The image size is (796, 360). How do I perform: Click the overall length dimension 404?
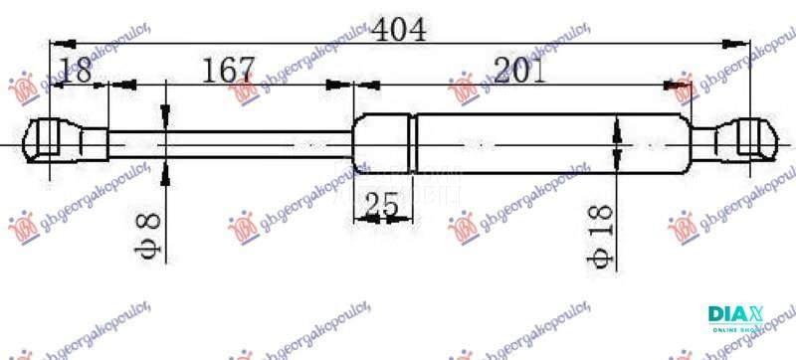(x=399, y=30)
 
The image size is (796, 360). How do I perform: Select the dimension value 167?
(x=229, y=72)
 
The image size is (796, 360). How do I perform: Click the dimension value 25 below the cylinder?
(x=380, y=205)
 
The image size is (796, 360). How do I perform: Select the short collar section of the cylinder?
(x=384, y=144)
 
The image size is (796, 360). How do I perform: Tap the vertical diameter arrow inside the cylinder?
(x=618, y=144)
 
